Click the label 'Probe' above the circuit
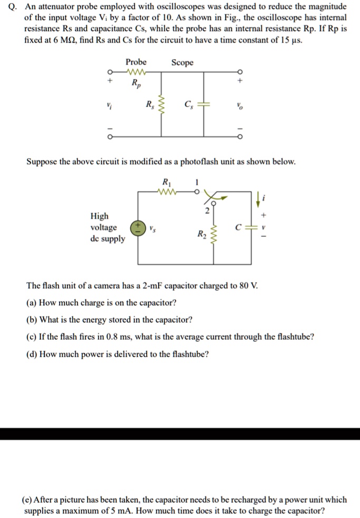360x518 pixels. (136, 62)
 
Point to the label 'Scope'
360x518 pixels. (182, 63)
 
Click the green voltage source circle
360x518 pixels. (138, 227)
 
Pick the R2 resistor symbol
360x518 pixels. (214, 233)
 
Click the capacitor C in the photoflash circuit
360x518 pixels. (250, 227)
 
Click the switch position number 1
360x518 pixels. (197, 183)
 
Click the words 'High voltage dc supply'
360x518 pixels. (108, 227)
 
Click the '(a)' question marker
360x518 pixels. (32, 303)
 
